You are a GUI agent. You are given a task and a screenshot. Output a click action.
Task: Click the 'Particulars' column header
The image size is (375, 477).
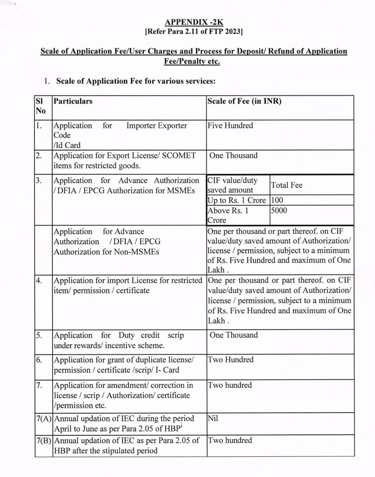[73, 101]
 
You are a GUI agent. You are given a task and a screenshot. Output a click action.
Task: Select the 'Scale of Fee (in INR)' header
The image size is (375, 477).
[244, 101]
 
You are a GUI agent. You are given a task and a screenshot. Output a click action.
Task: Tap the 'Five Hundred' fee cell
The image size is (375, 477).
[230, 125]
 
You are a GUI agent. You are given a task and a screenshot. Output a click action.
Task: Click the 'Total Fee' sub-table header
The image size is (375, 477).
[286, 185]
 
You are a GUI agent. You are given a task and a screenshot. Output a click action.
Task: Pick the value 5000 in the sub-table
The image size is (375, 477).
[278, 211]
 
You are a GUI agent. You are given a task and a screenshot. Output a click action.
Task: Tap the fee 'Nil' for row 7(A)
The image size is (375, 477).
[213, 419]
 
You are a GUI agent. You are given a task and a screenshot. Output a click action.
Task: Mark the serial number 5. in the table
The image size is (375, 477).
[39, 335]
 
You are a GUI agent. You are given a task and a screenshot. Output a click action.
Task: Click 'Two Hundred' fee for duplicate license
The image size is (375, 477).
[230, 360]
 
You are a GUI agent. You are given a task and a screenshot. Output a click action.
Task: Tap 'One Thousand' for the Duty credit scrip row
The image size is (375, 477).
[233, 335]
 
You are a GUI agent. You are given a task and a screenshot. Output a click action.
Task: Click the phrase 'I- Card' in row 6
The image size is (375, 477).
[168, 370]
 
